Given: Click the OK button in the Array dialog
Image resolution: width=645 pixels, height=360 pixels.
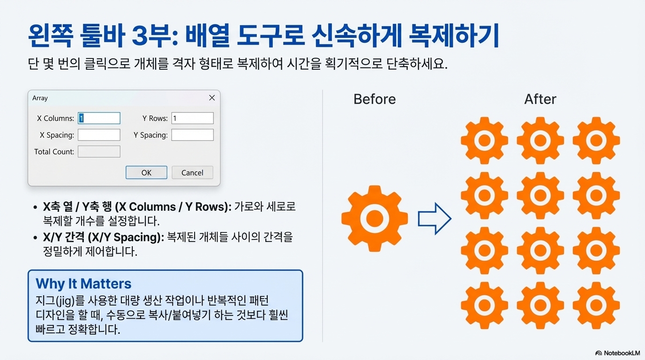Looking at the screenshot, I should [x=146, y=172].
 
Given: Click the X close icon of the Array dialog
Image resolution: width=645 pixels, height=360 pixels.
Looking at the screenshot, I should [x=212, y=98].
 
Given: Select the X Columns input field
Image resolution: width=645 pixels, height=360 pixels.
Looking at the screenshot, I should [x=99, y=118].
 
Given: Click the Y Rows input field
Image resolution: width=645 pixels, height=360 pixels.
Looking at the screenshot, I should [x=192, y=118].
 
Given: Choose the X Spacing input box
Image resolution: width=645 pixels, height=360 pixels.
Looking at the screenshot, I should [x=99, y=135].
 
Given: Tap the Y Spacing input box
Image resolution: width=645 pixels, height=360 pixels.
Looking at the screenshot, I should [x=192, y=135].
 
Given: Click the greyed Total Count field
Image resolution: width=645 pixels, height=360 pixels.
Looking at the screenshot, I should [x=99, y=151].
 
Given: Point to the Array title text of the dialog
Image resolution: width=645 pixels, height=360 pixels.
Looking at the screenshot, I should [x=40, y=98].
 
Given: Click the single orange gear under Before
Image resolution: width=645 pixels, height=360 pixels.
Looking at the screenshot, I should [x=374, y=218].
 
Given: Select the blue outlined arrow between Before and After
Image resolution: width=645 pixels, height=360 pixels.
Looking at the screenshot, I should [x=434, y=218].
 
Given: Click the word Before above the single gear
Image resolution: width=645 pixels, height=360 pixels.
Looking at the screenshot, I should [x=374, y=99].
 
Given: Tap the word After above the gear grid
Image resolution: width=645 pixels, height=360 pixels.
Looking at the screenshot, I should [x=540, y=99].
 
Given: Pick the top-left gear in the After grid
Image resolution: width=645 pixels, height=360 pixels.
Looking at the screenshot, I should [x=484, y=140].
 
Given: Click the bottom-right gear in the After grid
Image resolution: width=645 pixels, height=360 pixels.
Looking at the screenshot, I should [x=596, y=305].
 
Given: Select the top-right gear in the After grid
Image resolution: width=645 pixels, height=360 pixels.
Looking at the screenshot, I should [x=596, y=140].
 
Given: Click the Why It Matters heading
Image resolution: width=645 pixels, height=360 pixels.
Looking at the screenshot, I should [x=83, y=284].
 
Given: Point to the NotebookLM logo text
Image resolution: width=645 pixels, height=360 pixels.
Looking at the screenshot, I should [x=620, y=353].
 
